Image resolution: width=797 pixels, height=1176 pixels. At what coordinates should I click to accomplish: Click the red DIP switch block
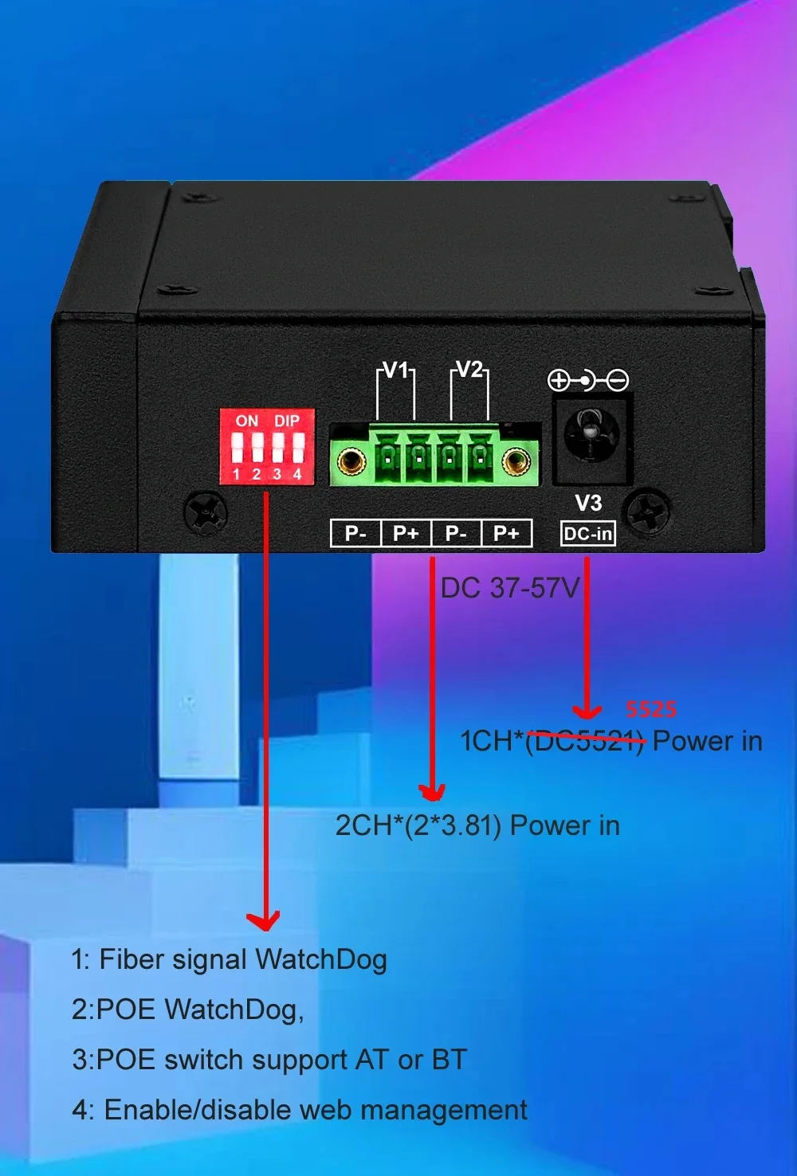pos(267,446)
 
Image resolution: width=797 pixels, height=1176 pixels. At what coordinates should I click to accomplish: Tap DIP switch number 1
pos(238,448)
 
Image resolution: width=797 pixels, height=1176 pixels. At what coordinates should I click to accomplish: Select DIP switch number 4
pos(298,448)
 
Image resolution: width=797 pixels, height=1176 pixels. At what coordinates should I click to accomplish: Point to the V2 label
pos(469,370)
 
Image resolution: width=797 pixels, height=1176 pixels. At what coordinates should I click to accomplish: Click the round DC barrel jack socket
pos(591,435)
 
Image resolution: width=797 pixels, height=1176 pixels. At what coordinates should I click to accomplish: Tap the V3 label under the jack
pos(588,503)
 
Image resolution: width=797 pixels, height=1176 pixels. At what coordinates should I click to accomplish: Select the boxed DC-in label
pos(588,534)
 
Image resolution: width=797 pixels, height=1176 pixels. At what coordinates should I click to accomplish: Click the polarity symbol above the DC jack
pos(588,381)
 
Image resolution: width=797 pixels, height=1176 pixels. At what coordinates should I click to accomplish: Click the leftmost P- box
pos(355,533)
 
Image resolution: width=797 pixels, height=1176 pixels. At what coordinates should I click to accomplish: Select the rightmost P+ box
pos(507,533)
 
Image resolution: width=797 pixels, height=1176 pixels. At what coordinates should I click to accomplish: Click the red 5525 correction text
pos(651,710)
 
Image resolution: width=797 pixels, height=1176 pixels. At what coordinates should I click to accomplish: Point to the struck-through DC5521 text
pos(584,741)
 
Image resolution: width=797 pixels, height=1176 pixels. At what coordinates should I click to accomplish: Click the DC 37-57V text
pos(509,588)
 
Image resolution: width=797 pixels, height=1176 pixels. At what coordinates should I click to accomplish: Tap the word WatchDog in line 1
pos(321,959)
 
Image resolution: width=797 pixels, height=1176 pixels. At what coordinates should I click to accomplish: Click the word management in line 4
pos(444,1110)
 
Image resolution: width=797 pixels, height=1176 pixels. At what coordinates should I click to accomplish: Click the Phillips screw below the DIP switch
pos(206,512)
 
